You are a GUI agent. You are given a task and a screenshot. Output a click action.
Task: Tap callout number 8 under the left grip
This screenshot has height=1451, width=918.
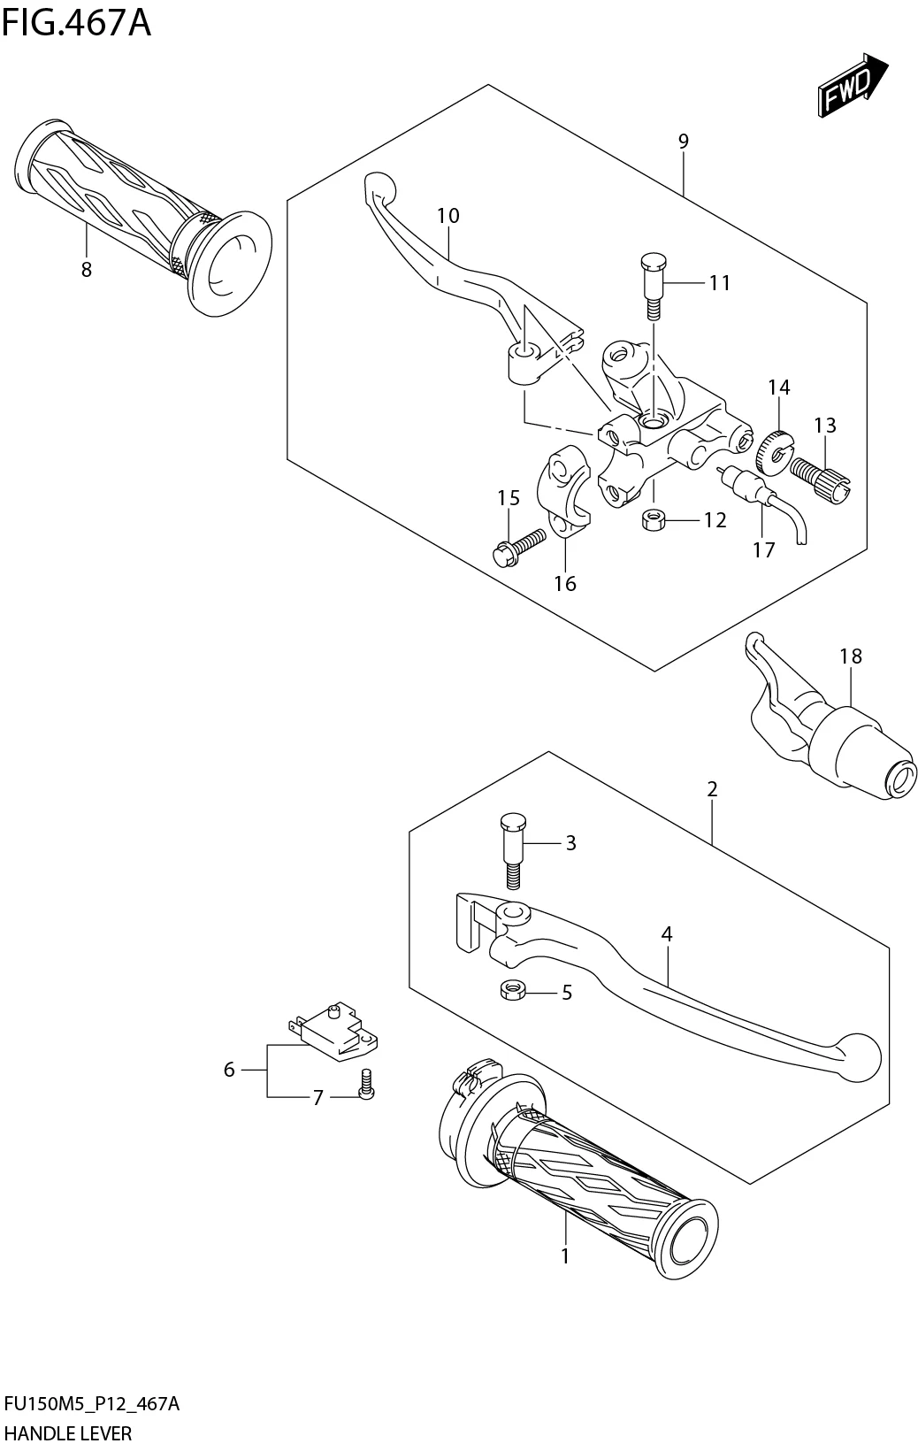tap(87, 270)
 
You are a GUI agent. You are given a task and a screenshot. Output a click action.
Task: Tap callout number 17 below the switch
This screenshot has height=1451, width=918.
tap(763, 549)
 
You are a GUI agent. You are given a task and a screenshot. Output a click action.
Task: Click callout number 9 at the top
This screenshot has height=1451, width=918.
tap(683, 141)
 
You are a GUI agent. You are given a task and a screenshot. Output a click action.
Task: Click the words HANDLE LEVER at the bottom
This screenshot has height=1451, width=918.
tap(68, 1432)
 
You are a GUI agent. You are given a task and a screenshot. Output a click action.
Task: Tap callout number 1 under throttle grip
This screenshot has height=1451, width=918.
tap(565, 1255)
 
